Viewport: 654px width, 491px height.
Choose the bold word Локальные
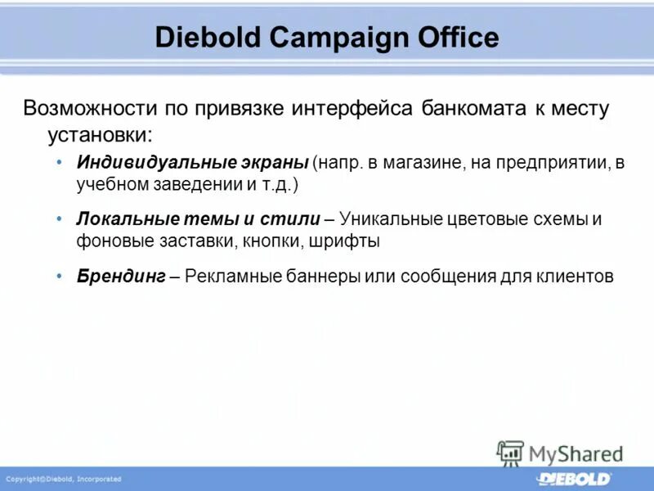click(121, 219)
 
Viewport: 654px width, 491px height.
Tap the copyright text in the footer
click(64, 479)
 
